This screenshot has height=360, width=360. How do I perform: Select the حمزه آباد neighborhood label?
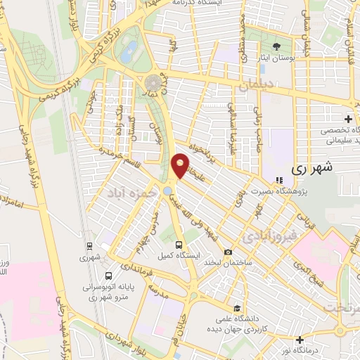tap(128, 191)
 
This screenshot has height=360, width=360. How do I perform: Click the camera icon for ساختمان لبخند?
tap(228, 252)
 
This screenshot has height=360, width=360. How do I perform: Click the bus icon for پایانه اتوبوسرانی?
tap(108, 276)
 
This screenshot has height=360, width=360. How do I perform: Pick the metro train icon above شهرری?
tap(89, 246)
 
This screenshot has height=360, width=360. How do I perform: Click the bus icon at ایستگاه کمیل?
tap(179, 245)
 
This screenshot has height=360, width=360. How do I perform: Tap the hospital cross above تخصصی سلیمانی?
tap(348, 119)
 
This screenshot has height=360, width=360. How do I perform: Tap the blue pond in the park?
tap(129, 49)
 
